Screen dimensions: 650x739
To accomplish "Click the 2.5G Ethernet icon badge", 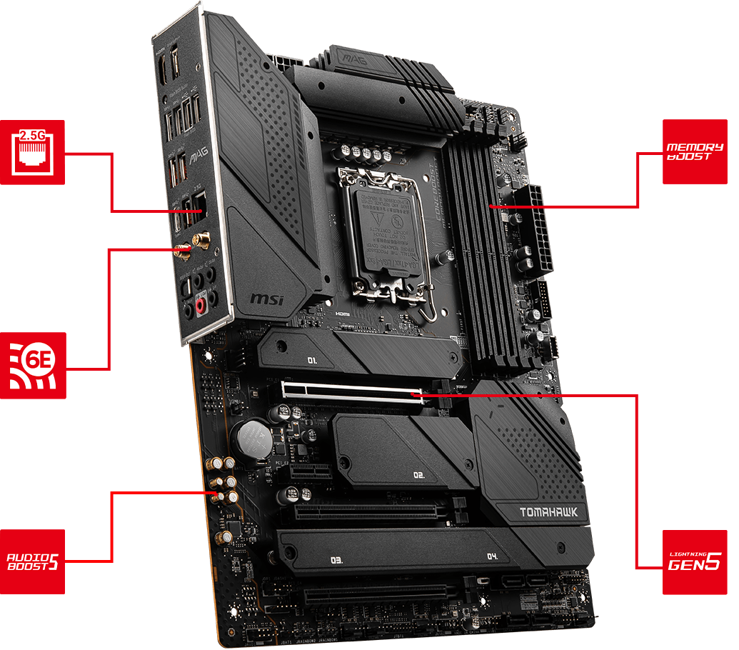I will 32,152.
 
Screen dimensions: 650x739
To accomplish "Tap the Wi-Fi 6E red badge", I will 33,366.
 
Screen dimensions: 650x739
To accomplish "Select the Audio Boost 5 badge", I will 32,561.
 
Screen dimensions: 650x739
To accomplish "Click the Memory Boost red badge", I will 694,151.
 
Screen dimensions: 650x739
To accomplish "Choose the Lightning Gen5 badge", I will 694,562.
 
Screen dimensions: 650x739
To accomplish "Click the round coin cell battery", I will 252,437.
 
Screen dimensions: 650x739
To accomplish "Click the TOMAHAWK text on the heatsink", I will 545,511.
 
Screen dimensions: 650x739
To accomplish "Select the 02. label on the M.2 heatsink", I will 419,474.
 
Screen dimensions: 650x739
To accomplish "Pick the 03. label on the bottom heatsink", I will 336,560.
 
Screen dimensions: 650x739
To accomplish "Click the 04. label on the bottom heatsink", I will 492,556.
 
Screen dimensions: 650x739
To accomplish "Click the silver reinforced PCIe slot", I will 350,393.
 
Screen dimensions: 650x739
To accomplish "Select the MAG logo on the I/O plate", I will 195,154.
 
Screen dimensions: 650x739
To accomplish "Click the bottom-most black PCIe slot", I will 378,594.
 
